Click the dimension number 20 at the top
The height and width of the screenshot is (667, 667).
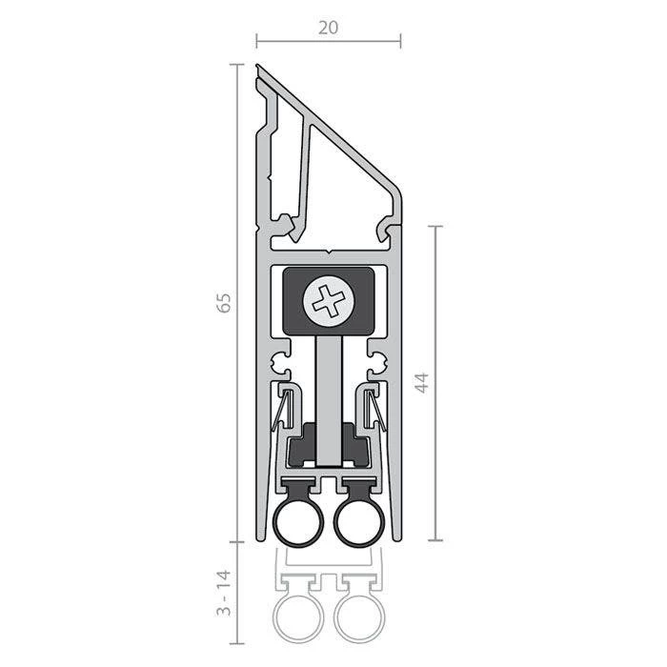click(x=329, y=28)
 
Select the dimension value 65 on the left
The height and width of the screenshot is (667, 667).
click(x=224, y=304)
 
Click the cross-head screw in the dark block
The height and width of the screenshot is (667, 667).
click(x=327, y=301)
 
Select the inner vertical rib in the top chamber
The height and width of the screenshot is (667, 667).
click(x=307, y=172)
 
